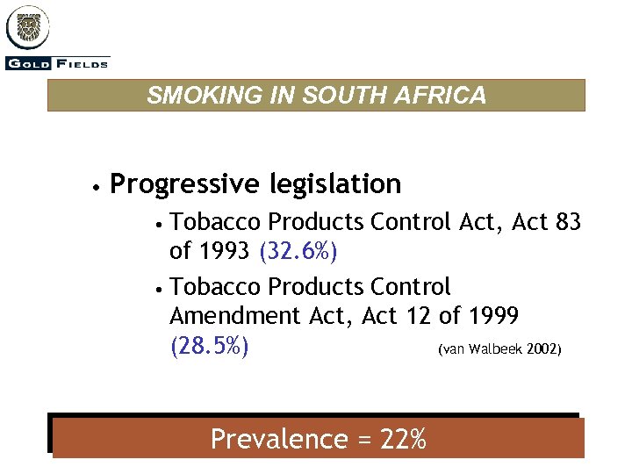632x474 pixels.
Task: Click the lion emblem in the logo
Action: [x=28, y=26]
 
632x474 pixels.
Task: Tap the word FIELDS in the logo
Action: [x=83, y=63]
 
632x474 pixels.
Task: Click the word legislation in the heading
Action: [x=335, y=184]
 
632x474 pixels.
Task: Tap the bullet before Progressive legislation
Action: [x=93, y=186]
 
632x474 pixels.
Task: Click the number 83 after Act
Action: [x=569, y=222]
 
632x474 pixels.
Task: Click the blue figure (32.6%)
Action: [x=299, y=251]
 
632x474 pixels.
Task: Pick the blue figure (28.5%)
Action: [x=209, y=346]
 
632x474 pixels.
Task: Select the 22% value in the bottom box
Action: [x=403, y=439]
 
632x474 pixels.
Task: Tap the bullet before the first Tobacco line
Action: [x=157, y=223]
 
